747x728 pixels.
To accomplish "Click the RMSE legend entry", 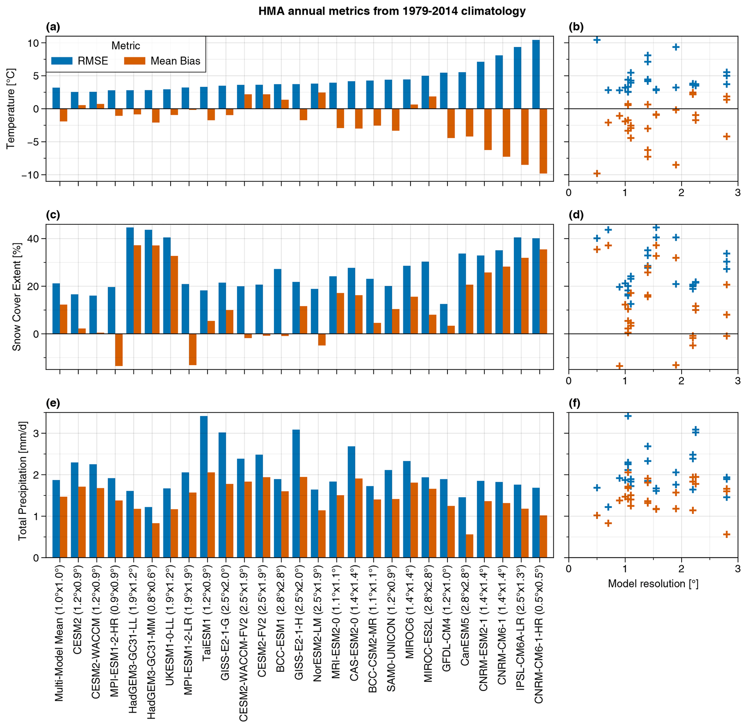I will point(80,61).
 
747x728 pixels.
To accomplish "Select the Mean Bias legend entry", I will point(162,61).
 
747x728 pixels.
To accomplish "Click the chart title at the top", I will point(392,11).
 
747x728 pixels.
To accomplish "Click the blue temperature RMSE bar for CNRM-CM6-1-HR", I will point(536,74).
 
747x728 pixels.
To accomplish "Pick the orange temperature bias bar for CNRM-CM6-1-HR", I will point(543,141).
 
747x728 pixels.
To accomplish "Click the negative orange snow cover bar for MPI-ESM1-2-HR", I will point(119,349).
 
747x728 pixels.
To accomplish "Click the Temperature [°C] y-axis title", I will point(11,108).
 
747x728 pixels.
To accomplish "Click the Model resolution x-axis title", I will point(653,583).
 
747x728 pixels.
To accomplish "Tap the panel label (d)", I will point(576,215).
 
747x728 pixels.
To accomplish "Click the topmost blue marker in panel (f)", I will point(628,416).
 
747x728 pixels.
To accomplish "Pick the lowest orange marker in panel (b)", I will point(596,173).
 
